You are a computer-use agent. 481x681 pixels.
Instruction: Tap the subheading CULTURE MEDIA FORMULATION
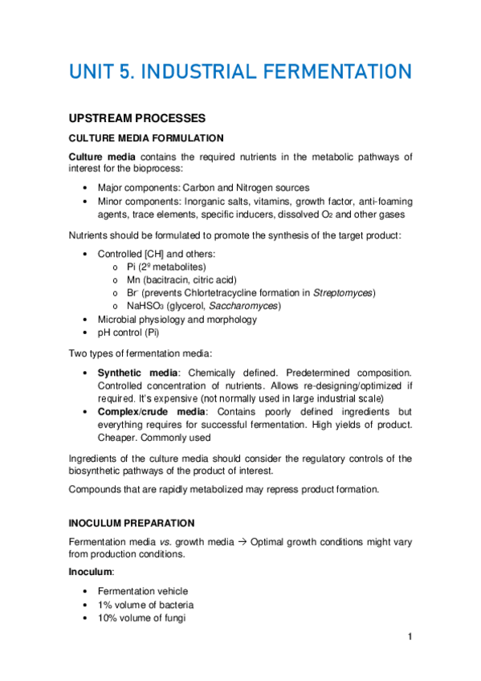coord(146,138)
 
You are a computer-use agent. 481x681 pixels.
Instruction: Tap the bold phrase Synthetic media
coord(132,373)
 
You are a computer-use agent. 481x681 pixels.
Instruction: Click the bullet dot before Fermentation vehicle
coord(86,591)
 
